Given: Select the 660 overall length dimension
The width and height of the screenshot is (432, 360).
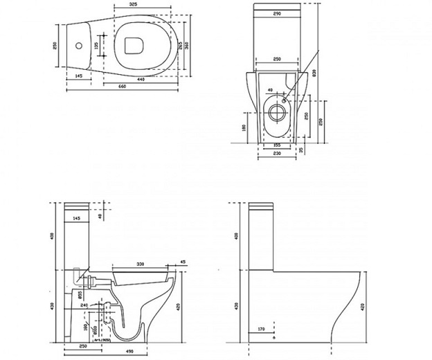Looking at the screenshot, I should point(122,87).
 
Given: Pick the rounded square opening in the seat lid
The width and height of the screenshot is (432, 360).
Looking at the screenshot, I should point(133,46).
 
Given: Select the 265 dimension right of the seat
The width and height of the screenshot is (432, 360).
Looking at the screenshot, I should point(179,46).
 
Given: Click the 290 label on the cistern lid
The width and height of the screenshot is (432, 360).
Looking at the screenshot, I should point(276,13).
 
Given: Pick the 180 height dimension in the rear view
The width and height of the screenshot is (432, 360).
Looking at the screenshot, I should point(244,128).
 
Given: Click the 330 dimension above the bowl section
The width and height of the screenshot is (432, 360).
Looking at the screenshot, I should point(141,263).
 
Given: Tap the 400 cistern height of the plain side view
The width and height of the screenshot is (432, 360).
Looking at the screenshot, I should point(237,236).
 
